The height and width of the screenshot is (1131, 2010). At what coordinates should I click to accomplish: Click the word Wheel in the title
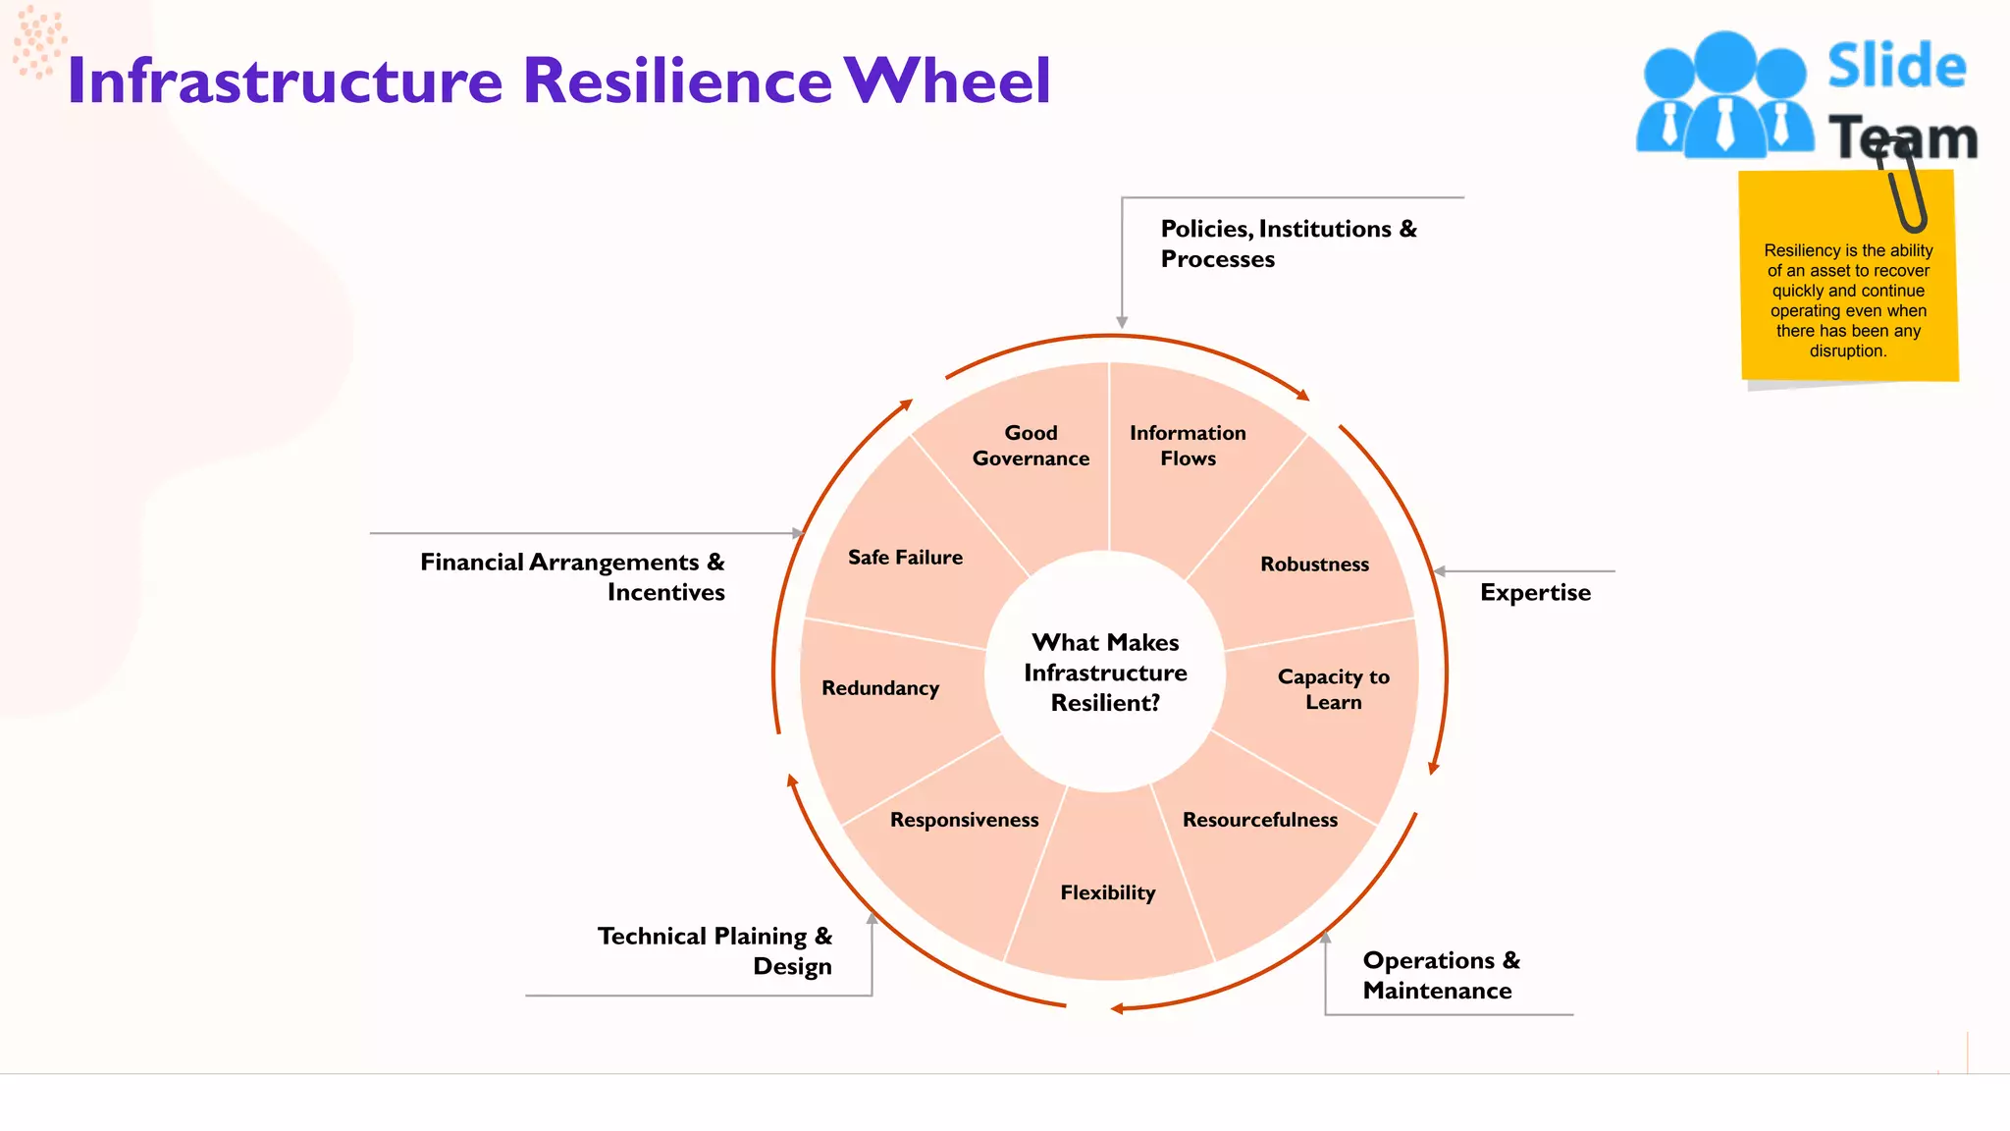[x=948, y=81]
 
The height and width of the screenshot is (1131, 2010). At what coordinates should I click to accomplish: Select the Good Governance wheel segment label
[x=1031, y=446]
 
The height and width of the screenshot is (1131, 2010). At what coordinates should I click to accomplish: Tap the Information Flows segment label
[x=1188, y=446]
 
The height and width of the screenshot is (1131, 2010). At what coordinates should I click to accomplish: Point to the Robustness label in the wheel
[x=1314, y=565]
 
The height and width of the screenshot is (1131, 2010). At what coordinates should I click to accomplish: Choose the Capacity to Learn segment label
[x=1333, y=689]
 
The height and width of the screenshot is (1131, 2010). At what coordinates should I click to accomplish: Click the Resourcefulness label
[x=1259, y=820]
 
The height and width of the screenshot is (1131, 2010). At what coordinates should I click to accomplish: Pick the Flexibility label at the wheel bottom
[x=1107, y=892]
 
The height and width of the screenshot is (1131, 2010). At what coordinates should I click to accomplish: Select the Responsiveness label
[x=964, y=820]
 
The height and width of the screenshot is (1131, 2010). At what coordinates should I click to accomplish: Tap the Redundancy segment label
[x=880, y=688]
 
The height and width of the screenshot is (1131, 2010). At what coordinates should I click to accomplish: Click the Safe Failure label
[x=905, y=558]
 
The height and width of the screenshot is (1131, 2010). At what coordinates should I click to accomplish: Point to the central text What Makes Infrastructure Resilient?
[x=1105, y=673]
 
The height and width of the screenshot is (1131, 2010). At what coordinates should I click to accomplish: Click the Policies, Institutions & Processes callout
[x=1288, y=243]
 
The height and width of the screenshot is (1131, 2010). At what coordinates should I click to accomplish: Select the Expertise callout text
[x=1535, y=593]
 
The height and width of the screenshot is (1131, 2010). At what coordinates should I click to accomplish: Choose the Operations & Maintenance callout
[x=1440, y=975]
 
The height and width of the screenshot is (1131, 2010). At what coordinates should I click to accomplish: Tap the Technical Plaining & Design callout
[x=714, y=950]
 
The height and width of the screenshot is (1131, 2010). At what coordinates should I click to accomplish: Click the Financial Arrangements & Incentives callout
[x=572, y=577]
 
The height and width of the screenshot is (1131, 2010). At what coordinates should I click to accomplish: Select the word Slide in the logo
[x=1896, y=67]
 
